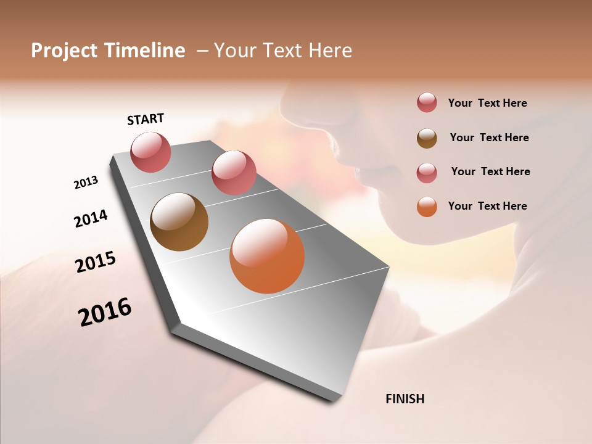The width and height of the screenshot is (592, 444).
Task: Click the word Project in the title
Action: click(63, 51)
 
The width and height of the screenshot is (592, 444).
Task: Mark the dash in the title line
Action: click(202, 51)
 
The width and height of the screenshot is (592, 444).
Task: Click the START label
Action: click(146, 119)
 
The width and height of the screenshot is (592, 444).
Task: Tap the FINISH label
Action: click(405, 399)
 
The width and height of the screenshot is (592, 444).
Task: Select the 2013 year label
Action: click(86, 182)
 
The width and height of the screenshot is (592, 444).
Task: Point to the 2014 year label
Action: click(91, 218)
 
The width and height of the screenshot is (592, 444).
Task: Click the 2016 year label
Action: click(105, 312)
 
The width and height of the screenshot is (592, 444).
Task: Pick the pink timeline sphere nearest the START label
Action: click(150, 152)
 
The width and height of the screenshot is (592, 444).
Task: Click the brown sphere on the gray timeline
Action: click(179, 222)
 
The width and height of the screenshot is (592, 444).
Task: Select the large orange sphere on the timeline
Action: click(267, 256)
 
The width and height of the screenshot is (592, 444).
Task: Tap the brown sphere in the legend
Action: click(427, 138)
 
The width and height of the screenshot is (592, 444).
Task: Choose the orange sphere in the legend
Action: click(427, 207)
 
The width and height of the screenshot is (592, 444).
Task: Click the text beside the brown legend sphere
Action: click(489, 138)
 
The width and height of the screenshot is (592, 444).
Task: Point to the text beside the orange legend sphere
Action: click(487, 206)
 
